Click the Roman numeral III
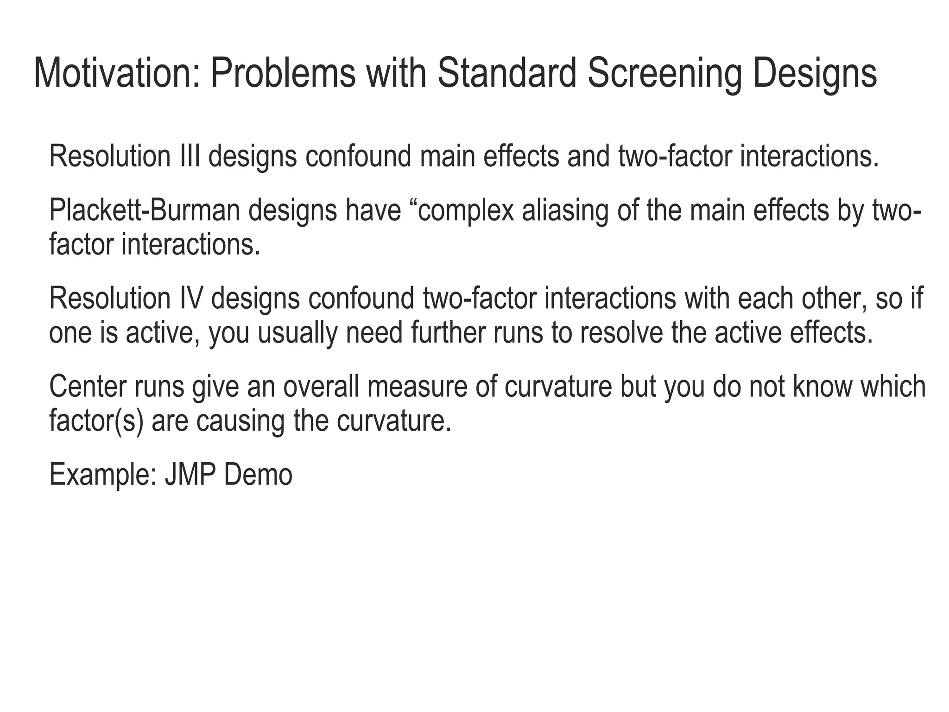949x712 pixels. pyautogui.click(x=190, y=157)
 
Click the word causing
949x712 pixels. pyautogui.click(x=240, y=421)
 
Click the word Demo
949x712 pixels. pyautogui.click(x=258, y=475)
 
